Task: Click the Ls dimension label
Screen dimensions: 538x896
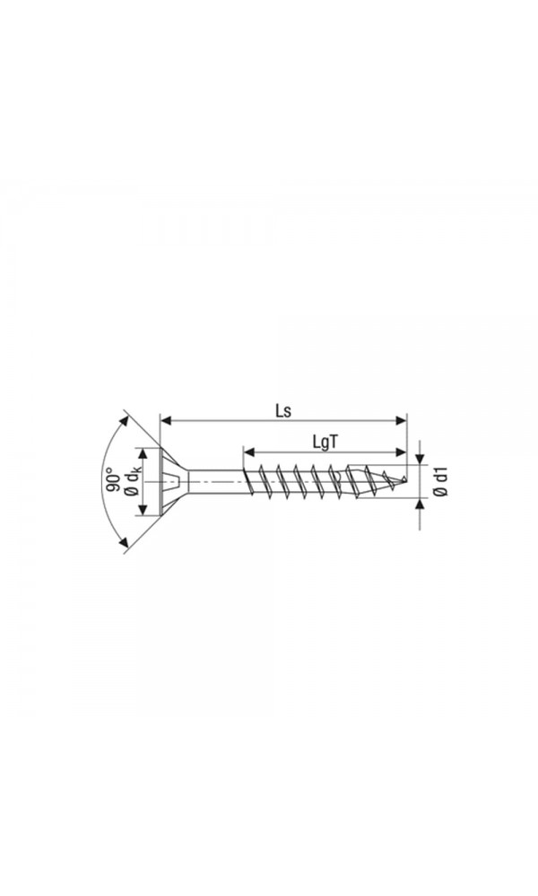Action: [283, 411]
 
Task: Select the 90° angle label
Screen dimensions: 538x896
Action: [113, 480]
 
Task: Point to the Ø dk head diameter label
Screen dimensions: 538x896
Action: [132, 481]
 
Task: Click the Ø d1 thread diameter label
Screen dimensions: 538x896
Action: [440, 482]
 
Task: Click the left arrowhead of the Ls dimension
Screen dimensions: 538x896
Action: [166, 420]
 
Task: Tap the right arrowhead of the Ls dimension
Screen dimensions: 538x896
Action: [401, 420]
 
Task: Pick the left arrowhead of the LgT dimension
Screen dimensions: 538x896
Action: [248, 452]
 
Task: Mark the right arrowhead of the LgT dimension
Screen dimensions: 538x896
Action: [401, 452]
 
